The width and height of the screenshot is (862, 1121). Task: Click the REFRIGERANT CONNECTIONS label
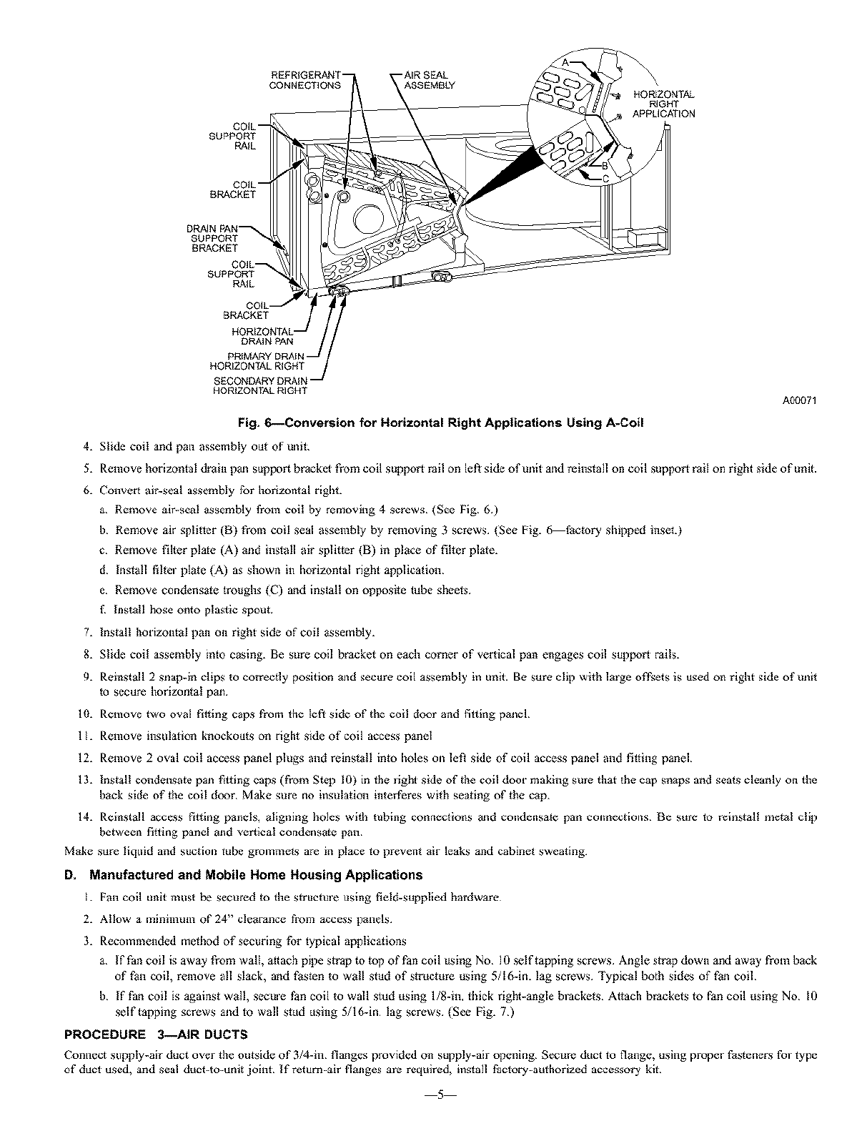[304, 80]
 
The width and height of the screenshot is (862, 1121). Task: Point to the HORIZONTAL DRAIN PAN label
[262, 336]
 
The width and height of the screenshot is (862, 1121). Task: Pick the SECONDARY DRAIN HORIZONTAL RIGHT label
[260, 386]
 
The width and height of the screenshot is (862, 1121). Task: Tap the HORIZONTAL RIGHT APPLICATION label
[663, 104]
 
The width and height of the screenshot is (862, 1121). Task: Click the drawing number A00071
[801, 400]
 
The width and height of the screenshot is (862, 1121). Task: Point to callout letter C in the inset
[605, 178]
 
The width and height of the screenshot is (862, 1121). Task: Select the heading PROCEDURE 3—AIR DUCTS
[156, 1034]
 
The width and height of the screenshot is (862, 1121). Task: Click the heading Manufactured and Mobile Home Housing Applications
[243, 874]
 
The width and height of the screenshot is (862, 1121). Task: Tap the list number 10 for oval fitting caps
[84, 714]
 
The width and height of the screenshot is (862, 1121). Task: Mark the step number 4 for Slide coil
[87, 447]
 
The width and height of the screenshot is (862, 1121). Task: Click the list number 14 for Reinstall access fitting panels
[84, 817]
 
